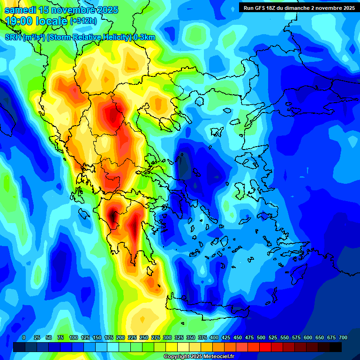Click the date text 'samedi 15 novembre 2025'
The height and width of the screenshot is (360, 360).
[61, 10]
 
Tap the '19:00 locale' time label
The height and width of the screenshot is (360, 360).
[36, 22]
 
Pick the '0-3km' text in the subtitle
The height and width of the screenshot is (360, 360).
[144, 37]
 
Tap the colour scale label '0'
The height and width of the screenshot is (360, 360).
[24, 337]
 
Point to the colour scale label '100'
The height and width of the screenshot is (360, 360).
[74, 337]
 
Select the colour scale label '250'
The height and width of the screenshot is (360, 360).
[144, 337]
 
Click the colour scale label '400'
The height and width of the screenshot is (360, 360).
[214, 337]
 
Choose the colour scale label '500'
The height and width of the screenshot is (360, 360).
[261, 337]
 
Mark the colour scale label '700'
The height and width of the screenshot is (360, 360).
[343, 337]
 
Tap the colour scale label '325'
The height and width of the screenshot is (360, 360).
[179, 337]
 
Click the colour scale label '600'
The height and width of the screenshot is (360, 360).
[308, 337]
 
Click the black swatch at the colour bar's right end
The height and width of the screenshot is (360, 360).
[336, 347]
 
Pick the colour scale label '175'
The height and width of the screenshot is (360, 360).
[109, 337]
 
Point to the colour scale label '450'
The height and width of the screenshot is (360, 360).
[238, 337]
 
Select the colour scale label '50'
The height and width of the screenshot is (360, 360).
[49, 337]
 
